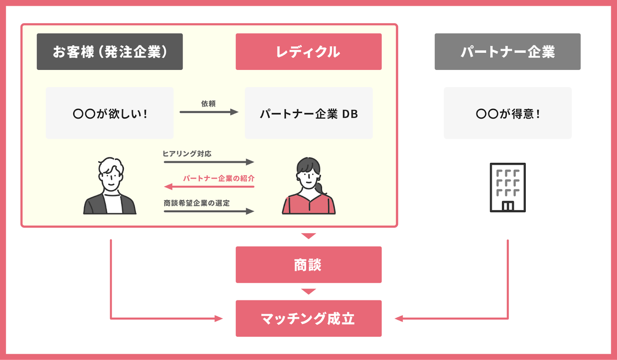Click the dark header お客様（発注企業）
(110, 51)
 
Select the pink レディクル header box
(308, 51)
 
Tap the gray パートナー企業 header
(507, 51)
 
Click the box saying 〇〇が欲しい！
(110, 113)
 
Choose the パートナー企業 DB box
(308, 113)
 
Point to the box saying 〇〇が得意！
(507, 113)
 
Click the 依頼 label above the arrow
(208, 104)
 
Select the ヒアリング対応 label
(187, 153)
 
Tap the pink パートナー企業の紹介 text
(219, 178)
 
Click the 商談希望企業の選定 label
(197, 203)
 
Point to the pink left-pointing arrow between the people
(209, 187)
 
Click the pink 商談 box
(308, 264)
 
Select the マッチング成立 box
(308, 318)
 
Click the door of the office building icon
(508, 206)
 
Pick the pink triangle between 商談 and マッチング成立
(308, 291)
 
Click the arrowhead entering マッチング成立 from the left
(219, 319)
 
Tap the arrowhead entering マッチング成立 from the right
(398, 319)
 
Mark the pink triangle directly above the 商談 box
(308, 236)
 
